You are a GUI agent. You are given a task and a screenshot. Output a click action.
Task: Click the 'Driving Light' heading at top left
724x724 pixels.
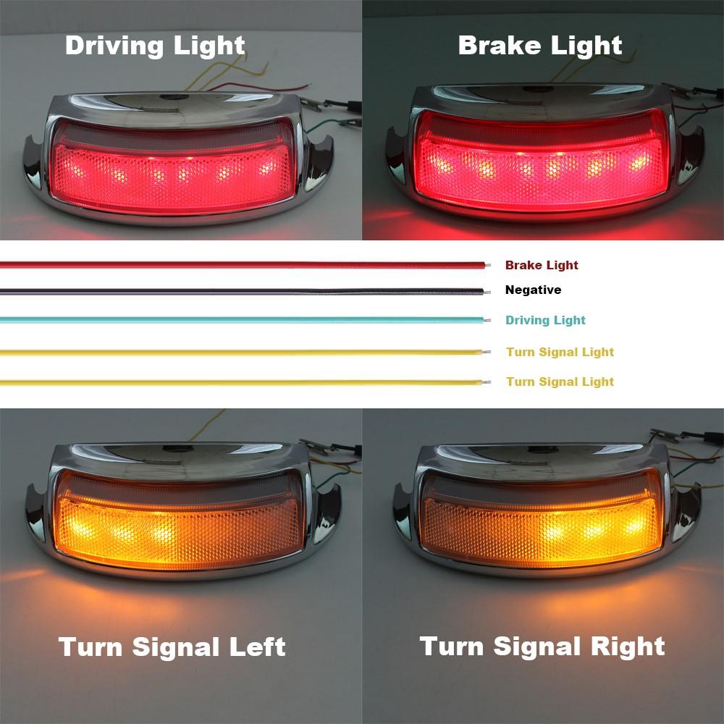(x=155, y=45)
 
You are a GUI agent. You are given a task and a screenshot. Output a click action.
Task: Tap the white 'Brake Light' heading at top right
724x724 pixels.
(x=540, y=45)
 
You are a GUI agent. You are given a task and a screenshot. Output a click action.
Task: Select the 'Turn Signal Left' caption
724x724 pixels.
(x=172, y=646)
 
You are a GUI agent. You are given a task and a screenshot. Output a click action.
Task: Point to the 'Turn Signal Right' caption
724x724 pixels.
(x=542, y=645)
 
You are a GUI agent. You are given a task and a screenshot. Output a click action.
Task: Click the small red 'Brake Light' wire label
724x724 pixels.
(x=542, y=265)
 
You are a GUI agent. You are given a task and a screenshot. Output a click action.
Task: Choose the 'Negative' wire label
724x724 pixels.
(x=533, y=290)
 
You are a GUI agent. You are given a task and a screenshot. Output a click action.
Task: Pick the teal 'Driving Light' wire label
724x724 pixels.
(x=545, y=320)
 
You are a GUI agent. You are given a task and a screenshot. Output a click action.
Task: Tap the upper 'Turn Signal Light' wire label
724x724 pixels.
(x=560, y=352)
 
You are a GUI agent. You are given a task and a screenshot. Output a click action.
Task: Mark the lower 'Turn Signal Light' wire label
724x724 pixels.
(x=560, y=382)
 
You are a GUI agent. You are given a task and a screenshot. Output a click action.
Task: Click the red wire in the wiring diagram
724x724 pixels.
(x=239, y=264)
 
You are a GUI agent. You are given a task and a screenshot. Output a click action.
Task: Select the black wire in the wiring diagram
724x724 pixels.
(x=239, y=291)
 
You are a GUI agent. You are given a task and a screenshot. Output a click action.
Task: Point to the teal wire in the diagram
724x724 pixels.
(x=239, y=319)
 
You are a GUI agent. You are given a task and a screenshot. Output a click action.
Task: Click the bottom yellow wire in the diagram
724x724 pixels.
(x=239, y=381)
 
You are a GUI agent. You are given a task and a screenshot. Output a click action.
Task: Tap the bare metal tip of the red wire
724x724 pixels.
(x=489, y=264)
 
